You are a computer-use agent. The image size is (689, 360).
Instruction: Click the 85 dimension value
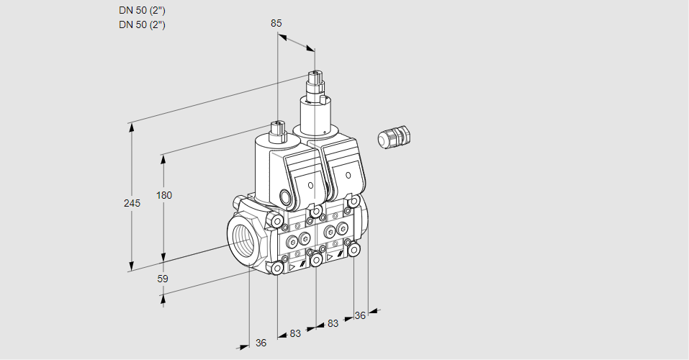[x=276, y=23]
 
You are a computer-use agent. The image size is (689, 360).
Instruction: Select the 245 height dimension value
[x=131, y=204]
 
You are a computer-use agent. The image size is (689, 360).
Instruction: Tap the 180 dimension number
[x=165, y=196]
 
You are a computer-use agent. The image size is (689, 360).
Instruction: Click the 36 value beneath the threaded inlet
[x=261, y=343]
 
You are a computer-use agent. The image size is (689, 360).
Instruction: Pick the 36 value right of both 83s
[x=361, y=315]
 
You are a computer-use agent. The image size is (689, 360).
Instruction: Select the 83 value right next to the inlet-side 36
[x=295, y=333]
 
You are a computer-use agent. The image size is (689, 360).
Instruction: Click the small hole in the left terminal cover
[x=311, y=186]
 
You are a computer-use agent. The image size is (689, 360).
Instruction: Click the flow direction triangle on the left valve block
[x=292, y=266]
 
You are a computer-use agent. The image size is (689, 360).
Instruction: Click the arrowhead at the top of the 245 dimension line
[x=131, y=127]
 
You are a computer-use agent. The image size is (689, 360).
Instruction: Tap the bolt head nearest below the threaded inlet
[x=277, y=268]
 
